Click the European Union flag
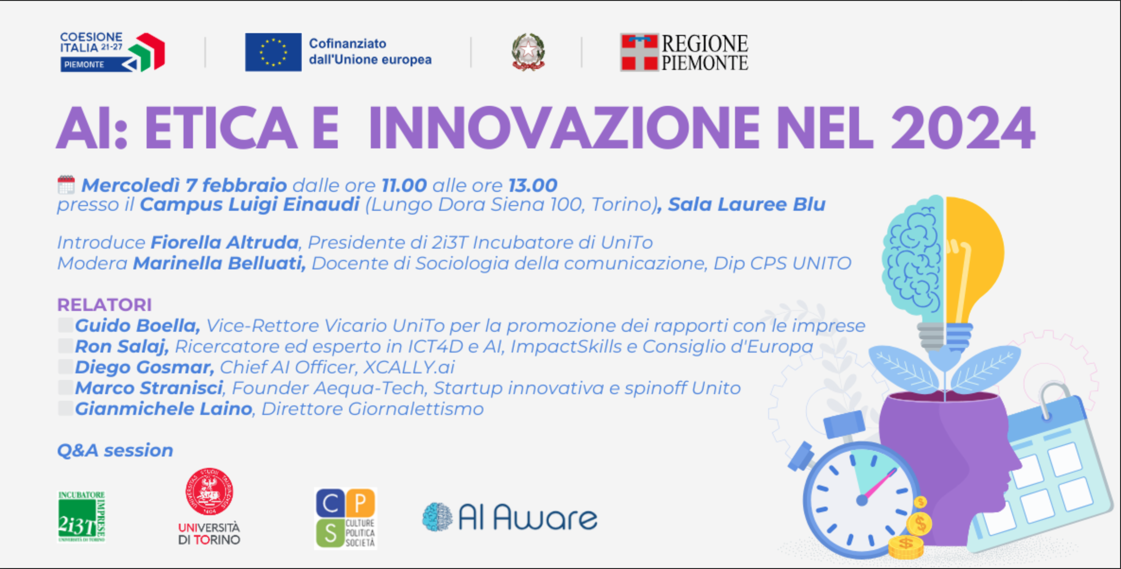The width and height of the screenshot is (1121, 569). (273, 52)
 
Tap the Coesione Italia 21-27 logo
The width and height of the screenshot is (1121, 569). (112, 52)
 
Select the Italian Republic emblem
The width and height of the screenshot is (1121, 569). (528, 52)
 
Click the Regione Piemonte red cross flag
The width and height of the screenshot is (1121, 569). (639, 52)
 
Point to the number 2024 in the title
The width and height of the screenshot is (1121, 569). (963, 129)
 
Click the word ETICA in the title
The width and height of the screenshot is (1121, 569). (220, 129)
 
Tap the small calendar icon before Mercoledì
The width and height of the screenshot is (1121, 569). (66, 185)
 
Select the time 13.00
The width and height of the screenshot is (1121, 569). (533, 185)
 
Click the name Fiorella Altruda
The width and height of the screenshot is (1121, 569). (225, 242)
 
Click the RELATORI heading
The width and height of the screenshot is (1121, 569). (105, 305)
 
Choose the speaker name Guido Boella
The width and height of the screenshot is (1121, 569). (137, 326)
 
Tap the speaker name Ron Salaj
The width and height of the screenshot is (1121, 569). (122, 346)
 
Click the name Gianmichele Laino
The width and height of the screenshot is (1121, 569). (164, 409)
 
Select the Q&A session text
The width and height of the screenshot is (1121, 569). (115, 450)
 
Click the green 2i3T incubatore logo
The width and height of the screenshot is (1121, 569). (81, 517)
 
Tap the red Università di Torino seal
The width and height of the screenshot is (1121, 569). (209, 491)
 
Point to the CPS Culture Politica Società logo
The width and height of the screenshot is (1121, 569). (345, 518)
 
